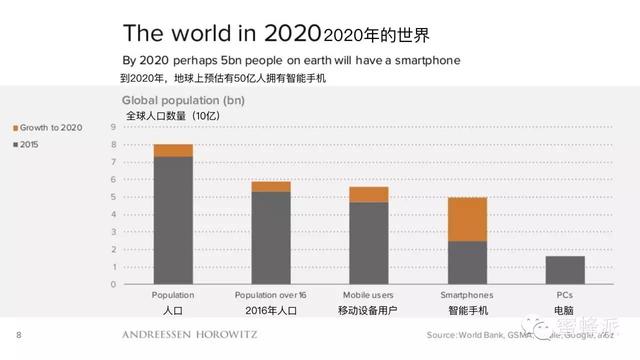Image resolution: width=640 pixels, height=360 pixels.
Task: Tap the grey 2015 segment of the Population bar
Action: click(x=173, y=220)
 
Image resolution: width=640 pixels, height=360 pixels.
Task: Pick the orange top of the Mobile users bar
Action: click(x=368, y=194)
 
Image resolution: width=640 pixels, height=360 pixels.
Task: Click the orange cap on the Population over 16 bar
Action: click(x=270, y=186)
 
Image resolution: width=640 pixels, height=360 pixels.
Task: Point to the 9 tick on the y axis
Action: click(x=112, y=128)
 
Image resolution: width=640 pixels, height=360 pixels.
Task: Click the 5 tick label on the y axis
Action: click(x=112, y=197)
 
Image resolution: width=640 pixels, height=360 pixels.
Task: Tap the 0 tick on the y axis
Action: click(x=112, y=284)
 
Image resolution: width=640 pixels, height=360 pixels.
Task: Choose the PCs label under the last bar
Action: click(x=564, y=296)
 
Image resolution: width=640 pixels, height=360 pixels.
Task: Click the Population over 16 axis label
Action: click(x=270, y=296)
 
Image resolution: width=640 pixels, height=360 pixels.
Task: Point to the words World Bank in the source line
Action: click(x=482, y=334)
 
